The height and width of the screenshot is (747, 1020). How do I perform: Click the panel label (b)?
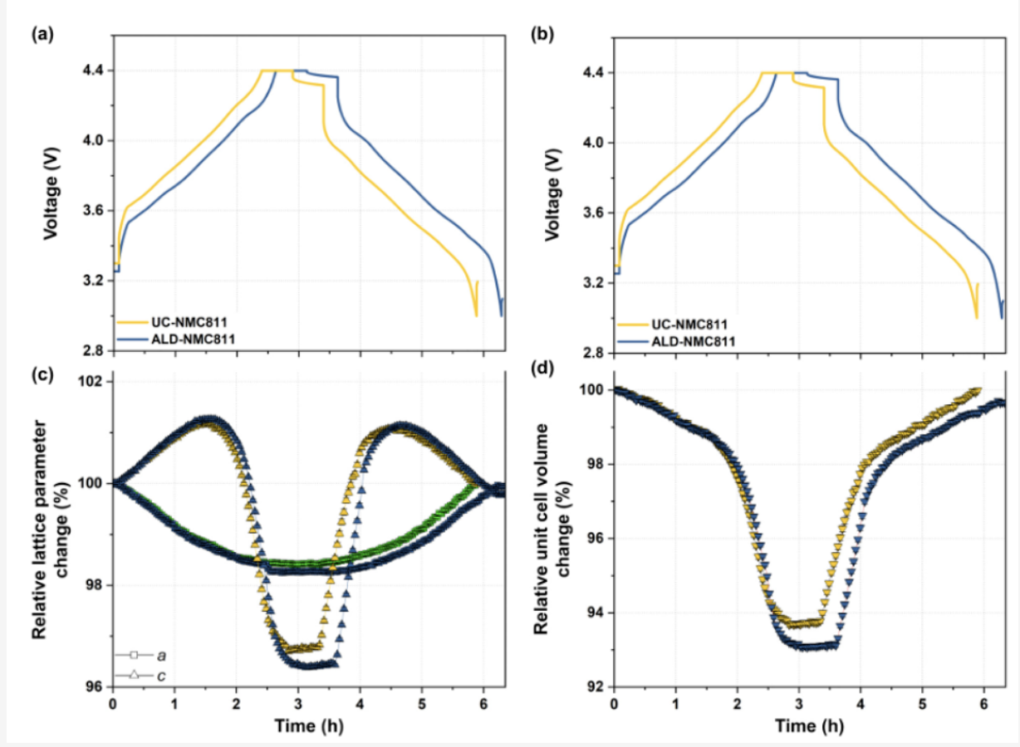542,34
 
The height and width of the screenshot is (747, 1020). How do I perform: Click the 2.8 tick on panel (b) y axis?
592,354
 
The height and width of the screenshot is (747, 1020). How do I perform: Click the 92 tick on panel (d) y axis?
595,686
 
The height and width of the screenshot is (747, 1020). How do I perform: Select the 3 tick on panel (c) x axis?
298,703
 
